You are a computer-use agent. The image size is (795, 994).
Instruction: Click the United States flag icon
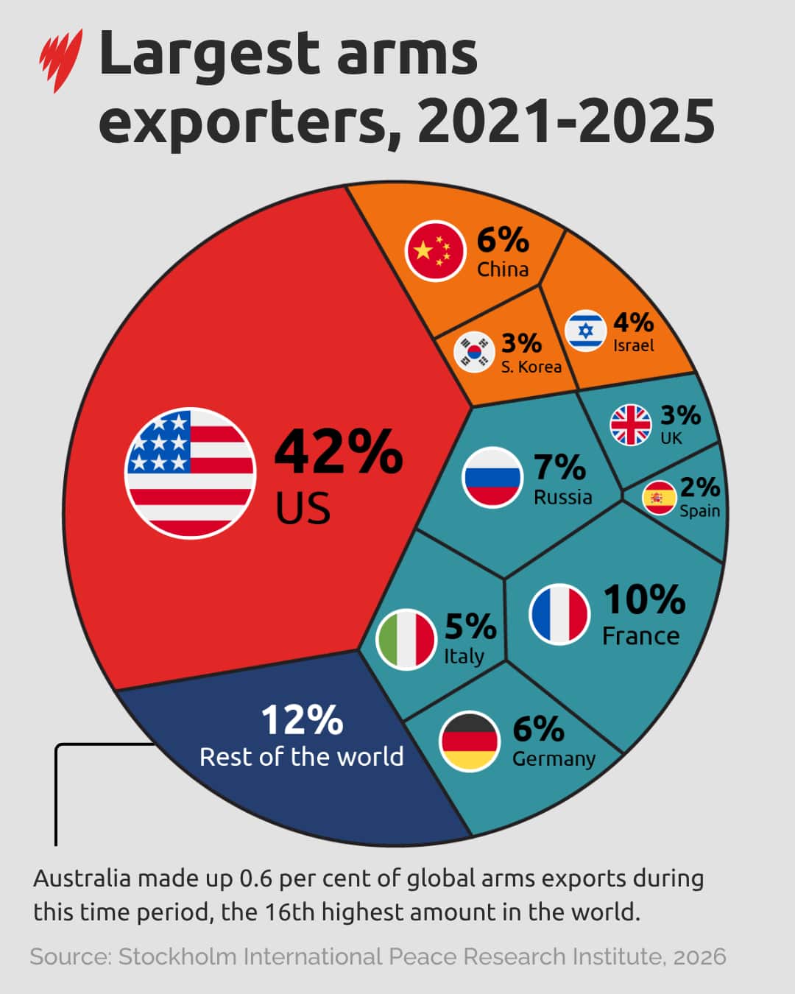[191, 473]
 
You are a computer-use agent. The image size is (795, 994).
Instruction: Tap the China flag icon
[435, 250]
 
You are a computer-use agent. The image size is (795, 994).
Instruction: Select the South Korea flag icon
[474, 352]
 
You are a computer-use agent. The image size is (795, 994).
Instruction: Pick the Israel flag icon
[586, 331]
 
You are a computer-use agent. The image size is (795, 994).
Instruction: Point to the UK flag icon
[631, 425]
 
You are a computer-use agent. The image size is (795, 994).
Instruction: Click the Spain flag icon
[659, 498]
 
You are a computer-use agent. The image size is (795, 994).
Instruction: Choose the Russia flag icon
[492, 476]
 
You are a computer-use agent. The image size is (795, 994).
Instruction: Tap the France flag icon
[559, 614]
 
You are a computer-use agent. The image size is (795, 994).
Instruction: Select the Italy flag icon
[406, 639]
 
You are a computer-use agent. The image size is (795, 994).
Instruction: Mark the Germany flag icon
[469, 741]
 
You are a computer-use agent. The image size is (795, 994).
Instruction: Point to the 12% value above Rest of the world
[302, 720]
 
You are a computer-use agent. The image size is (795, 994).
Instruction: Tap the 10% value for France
[644, 599]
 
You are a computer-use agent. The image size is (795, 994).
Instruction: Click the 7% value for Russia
[559, 468]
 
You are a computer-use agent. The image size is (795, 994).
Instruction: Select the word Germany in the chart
[554, 759]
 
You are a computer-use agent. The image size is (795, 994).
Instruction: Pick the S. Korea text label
[531, 367]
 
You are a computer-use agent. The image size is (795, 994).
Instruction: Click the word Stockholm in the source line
[177, 956]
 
